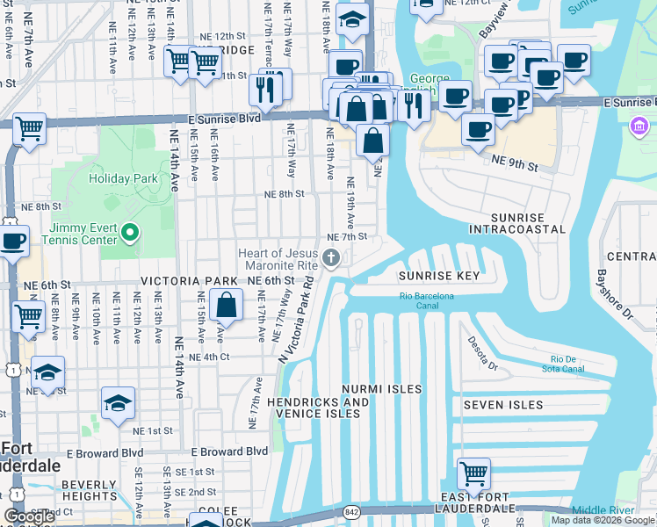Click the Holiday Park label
point(123,178)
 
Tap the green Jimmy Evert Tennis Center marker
point(131,234)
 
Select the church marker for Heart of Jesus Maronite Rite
point(331,257)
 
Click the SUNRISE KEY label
point(440,276)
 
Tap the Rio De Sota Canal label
point(567,364)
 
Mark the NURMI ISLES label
point(381,388)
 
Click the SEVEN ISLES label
point(503,405)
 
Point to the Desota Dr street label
point(483,352)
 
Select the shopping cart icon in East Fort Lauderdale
point(473,473)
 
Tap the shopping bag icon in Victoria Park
point(226,305)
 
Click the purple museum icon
point(639,128)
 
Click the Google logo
point(30,516)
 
